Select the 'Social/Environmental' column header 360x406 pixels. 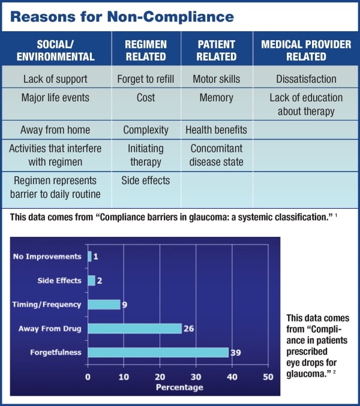[58, 51]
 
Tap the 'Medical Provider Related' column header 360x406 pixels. [306, 51]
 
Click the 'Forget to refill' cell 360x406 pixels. [146, 79]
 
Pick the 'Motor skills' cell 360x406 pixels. [216, 79]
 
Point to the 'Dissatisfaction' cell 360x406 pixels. [306, 79]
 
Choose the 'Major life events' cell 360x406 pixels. [55, 98]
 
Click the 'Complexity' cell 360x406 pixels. [146, 130]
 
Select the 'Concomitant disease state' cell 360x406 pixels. [217, 155]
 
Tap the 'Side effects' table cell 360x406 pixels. [146, 180]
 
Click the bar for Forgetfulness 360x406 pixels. [158, 353]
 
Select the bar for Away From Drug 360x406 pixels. [134, 328]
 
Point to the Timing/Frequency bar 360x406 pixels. [104, 304]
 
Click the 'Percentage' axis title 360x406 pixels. [179, 387]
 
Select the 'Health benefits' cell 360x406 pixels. [216, 130]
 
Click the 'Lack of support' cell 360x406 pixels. [55, 79]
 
